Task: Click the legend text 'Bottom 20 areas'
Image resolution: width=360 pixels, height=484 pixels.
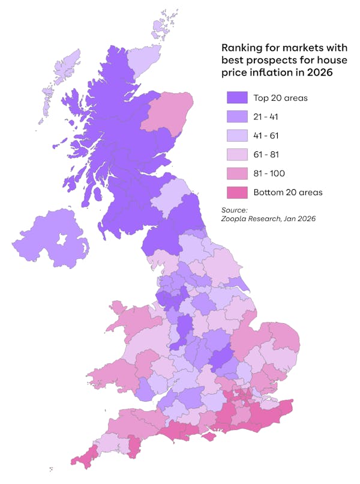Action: tap(288, 192)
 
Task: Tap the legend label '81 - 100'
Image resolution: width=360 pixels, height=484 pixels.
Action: tap(269, 174)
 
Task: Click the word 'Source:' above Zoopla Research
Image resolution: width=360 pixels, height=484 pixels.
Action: tap(235, 210)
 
